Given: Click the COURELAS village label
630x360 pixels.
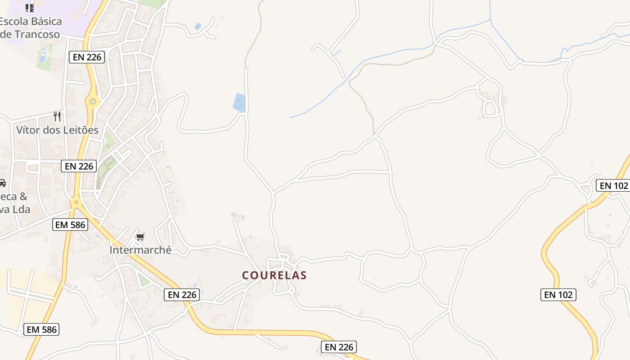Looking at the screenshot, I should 274,275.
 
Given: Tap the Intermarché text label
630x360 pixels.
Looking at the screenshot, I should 140,250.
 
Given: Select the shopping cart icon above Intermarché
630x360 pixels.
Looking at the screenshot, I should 140,237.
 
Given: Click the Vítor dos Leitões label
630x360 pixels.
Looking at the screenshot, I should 57,130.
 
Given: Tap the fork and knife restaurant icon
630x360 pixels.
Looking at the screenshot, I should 57,117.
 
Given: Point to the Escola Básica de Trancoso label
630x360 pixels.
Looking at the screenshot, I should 31,27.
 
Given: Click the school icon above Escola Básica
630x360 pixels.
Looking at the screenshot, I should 30,8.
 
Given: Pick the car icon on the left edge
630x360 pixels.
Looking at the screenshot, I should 2,183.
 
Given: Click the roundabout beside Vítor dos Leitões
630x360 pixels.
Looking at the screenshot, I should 93,101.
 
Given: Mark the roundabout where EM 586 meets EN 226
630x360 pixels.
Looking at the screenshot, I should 76,202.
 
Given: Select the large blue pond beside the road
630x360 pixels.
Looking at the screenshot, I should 239,103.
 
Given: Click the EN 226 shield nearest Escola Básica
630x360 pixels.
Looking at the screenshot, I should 87,57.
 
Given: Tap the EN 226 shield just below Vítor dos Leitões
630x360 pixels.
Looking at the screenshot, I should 79,166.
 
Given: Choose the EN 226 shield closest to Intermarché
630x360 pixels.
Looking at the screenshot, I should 181,295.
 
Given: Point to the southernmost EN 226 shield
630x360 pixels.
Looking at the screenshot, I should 339,347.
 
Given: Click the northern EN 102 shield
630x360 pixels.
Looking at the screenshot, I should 612,185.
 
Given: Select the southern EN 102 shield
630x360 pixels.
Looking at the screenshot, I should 558,295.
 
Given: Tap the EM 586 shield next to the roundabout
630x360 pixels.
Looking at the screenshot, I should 70,225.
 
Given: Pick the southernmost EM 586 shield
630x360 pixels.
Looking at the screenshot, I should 41,329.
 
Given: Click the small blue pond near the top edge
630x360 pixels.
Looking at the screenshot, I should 198,27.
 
